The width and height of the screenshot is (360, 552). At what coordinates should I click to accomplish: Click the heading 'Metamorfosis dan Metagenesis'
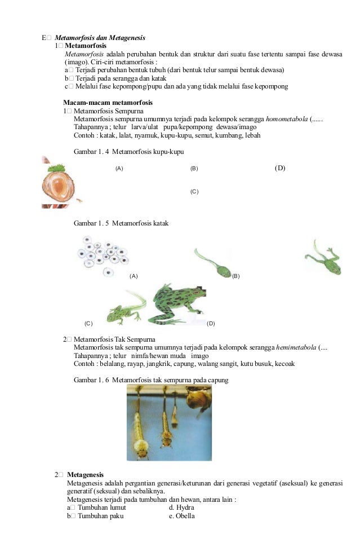pyautogui.click(x=100, y=38)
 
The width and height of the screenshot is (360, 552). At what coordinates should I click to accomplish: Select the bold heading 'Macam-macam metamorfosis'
pyautogui.click(x=108, y=103)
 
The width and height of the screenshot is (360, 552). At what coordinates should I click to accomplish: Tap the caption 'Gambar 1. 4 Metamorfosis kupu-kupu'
pyautogui.click(x=128, y=152)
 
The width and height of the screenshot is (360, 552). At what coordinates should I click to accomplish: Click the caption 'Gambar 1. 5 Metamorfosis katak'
pyautogui.click(x=121, y=224)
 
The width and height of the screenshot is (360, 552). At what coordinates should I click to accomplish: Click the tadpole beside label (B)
pyautogui.click(x=213, y=261)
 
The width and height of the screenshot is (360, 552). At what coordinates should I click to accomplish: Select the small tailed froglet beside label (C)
pyautogui.click(x=126, y=309)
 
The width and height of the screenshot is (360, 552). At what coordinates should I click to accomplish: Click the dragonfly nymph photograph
pyautogui.click(x=168, y=422)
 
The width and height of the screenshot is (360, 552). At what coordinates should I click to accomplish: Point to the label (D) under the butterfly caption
pyautogui.click(x=280, y=168)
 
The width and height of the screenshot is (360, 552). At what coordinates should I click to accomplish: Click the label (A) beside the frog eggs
pyautogui.click(x=134, y=276)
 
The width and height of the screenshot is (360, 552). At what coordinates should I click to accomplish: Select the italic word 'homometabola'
pyautogui.click(x=286, y=119)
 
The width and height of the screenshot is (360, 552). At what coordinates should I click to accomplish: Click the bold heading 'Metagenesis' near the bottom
pyautogui.click(x=85, y=475)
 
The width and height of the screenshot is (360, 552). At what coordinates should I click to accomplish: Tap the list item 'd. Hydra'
pyautogui.click(x=181, y=507)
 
